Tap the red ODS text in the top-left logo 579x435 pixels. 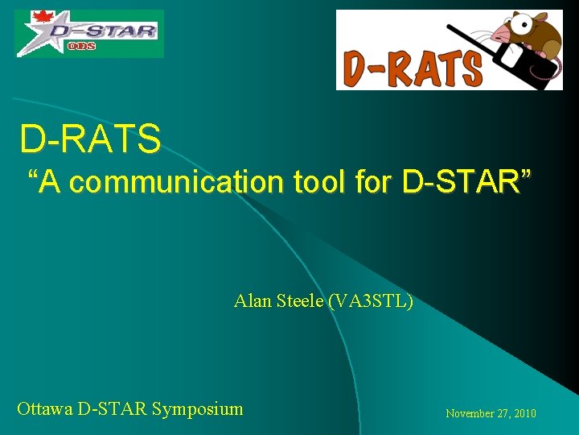[x=82, y=47]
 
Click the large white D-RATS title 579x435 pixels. [x=90, y=139]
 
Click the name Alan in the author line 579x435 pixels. [x=251, y=301]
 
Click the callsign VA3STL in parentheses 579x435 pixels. [x=371, y=301]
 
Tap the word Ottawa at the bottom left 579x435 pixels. [x=45, y=408]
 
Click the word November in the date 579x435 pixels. [x=470, y=413]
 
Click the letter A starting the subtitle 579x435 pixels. [x=47, y=182]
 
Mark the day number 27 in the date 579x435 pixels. [x=503, y=413]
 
